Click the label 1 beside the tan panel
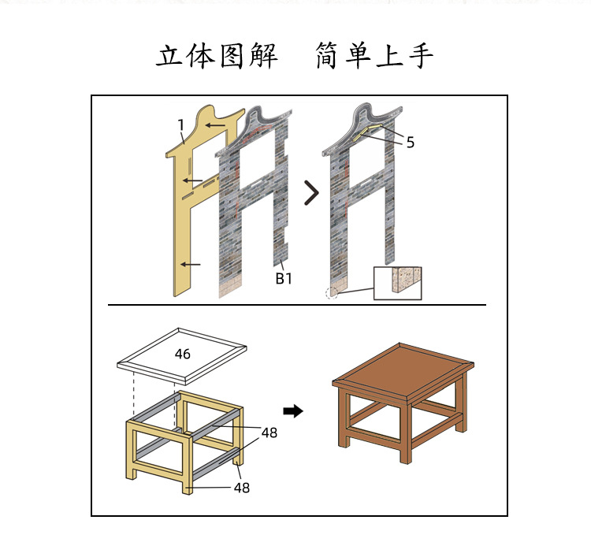[181, 124]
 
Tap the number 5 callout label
[411, 143]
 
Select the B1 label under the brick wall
[284, 278]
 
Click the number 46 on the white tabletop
[183, 355]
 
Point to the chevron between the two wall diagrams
[312, 192]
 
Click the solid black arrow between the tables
[293, 411]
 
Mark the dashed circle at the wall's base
[332, 293]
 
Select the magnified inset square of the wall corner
[398, 283]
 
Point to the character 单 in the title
[356, 57]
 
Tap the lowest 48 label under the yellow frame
[242, 488]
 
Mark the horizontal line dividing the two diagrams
[297, 305]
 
